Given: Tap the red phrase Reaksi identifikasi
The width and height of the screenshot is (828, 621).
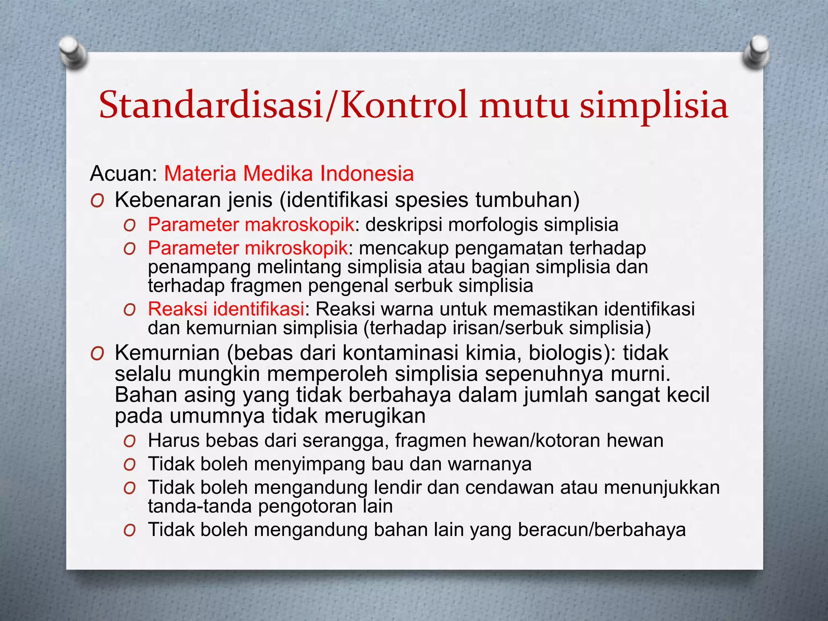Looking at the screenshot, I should [x=226, y=309].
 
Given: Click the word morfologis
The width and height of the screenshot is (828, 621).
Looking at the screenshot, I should [x=493, y=225].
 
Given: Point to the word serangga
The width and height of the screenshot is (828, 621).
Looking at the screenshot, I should [x=345, y=441].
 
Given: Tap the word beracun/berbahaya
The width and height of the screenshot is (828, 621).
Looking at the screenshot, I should [x=602, y=530].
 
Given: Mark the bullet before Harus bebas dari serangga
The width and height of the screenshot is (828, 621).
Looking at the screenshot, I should [x=129, y=441].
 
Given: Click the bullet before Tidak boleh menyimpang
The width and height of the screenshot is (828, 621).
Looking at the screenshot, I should [x=129, y=465].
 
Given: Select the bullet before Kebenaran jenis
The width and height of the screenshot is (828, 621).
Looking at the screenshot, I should [x=97, y=201].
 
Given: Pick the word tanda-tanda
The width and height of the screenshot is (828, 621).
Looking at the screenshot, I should [x=199, y=507].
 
